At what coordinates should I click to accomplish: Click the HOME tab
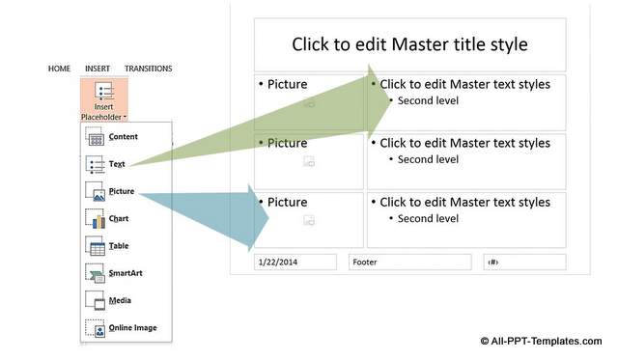(59, 69)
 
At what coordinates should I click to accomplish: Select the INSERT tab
(98, 69)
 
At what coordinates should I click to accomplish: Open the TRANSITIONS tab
(148, 69)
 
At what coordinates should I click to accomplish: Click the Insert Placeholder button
(103, 100)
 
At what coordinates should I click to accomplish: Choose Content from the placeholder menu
(123, 137)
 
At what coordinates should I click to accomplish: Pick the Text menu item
(117, 164)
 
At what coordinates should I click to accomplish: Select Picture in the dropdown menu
(122, 191)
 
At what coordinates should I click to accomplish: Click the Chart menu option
(119, 219)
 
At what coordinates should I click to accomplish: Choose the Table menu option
(119, 246)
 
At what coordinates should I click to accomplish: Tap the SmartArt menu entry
(126, 273)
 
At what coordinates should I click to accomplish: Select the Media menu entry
(120, 300)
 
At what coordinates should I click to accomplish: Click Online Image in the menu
(132, 328)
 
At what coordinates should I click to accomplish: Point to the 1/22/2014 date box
(295, 262)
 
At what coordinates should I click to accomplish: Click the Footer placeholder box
(409, 262)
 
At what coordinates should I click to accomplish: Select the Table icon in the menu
(96, 247)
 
